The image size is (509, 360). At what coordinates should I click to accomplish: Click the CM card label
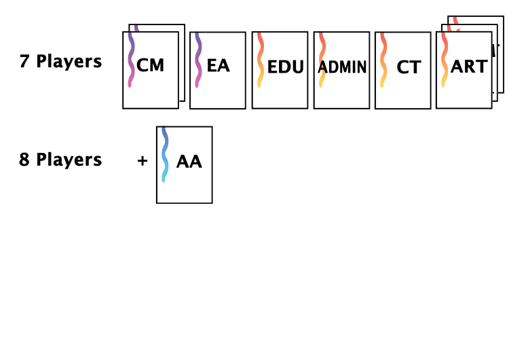point(150,67)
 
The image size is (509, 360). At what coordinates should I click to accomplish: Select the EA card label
point(218,67)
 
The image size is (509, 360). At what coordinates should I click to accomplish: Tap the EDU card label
point(285,67)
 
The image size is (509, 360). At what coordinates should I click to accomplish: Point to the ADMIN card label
point(343,67)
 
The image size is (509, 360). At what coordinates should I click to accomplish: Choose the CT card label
point(409,67)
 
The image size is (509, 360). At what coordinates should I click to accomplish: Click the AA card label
point(189,162)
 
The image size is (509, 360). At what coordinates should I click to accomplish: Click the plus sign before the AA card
point(143,162)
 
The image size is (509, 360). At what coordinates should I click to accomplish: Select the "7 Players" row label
point(61,62)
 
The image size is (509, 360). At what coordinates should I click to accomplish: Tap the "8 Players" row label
point(61,160)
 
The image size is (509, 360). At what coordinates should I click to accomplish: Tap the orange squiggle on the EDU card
point(260,61)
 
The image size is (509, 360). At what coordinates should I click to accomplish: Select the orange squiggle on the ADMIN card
point(322,61)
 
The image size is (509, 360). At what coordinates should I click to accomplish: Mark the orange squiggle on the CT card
point(383,61)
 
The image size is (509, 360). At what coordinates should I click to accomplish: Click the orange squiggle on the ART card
point(445,61)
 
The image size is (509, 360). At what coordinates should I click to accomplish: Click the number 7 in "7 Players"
point(24,62)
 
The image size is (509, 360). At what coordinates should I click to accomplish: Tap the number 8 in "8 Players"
point(24,160)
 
